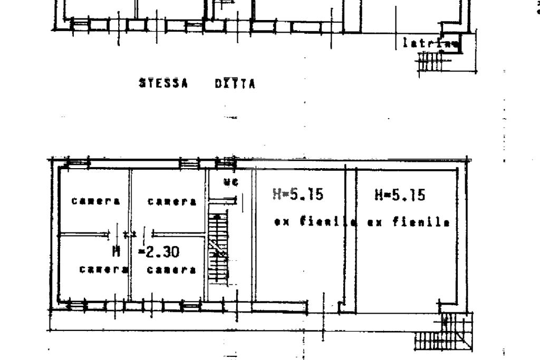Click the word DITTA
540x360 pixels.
(235, 83)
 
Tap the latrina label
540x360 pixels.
(429, 44)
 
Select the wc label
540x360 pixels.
(230, 182)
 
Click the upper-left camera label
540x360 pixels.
(96, 201)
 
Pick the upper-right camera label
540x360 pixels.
(172, 201)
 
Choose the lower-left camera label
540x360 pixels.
(104, 269)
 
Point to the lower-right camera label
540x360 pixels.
(172, 269)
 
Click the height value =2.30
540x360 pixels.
(159, 252)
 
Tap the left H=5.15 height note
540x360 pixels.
(297, 195)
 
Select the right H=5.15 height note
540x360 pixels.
(400, 195)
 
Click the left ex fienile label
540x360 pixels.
(312, 222)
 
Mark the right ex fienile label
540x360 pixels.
(408, 222)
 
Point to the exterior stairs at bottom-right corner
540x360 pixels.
(443, 337)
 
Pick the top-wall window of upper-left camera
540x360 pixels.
(78, 163)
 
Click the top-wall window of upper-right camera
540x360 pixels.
(189, 163)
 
